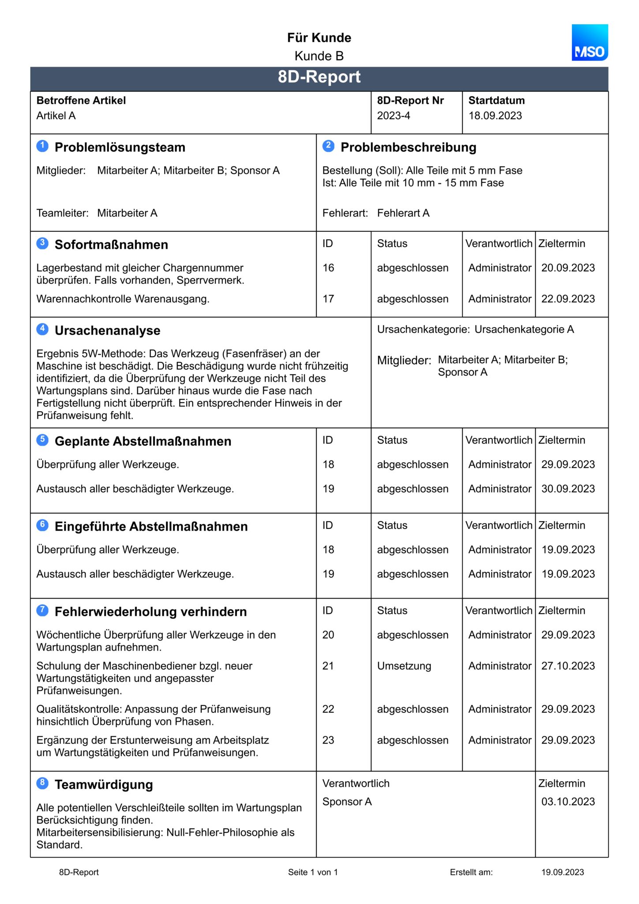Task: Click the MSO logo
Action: tap(590, 43)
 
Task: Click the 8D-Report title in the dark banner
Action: tap(319, 77)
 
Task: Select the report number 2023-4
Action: tap(393, 116)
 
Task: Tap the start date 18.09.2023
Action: tap(495, 116)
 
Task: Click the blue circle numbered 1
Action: tap(42, 146)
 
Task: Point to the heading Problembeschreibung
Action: tap(408, 147)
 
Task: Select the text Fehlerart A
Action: tap(403, 213)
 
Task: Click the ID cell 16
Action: tap(328, 268)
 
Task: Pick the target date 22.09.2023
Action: tap(568, 299)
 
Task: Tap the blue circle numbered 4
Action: tap(42, 329)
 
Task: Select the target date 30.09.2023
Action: tap(568, 489)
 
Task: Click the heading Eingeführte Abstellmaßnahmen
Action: tap(151, 527)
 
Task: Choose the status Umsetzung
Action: tap(404, 666)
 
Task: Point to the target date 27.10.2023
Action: tap(568, 666)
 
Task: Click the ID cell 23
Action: tap(328, 740)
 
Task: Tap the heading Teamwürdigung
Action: tap(104, 785)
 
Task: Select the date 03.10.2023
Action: tap(568, 802)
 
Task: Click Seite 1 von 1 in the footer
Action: tap(312, 872)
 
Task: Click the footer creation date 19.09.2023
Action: tap(562, 872)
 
